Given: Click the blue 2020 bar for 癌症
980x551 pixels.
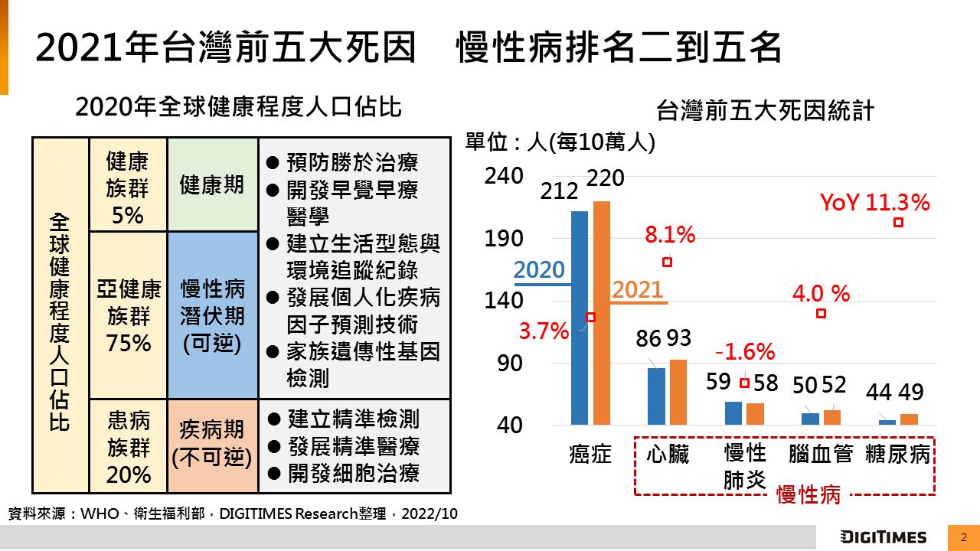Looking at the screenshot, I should point(580,318).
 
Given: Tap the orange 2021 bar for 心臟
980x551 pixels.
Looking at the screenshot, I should point(678,392).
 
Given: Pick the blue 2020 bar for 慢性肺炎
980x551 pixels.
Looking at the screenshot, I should point(733,412).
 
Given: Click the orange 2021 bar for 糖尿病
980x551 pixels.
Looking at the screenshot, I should point(909,419).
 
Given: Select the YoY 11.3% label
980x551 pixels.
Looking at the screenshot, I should point(874,203).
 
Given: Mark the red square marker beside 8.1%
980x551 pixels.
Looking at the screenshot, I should point(667,262).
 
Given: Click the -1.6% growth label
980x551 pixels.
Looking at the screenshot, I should point(745,352).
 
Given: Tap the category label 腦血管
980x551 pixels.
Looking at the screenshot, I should point(821,455).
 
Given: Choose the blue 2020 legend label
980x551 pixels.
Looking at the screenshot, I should point(539,269).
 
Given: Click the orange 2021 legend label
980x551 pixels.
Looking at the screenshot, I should point(638,289).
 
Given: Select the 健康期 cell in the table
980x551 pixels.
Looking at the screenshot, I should point(212,184).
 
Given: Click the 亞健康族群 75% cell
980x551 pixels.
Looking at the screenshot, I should point(128,315).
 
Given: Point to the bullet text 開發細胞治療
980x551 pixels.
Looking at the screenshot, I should point(353,473).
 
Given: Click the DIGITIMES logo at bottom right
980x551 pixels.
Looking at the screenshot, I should point(884,536).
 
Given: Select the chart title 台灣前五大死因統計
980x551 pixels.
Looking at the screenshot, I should point(765,111).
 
